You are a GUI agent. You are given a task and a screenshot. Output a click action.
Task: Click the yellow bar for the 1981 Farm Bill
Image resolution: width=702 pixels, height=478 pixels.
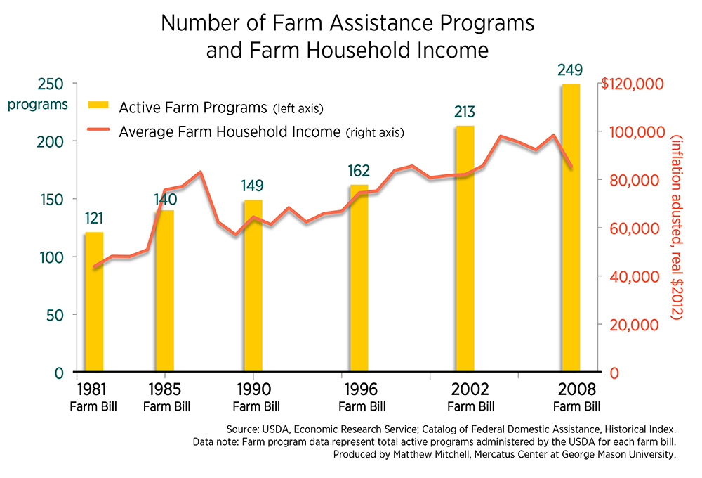coord(94,302)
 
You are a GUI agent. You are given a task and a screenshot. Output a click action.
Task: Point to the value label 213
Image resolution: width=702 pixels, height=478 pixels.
coord(465,112)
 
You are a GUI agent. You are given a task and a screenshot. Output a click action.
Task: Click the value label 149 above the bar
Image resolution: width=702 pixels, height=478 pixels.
coord(253,186)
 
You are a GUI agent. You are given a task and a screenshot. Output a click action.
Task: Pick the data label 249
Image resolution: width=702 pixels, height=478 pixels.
coord(570,70)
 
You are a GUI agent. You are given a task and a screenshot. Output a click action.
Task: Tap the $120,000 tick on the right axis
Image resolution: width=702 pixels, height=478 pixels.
coord(632,84)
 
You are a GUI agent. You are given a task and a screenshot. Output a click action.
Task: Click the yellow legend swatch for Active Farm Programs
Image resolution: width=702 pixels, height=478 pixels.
coord(98,105)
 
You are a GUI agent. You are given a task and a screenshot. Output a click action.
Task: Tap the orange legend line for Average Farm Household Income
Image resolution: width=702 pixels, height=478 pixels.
coord(98,130)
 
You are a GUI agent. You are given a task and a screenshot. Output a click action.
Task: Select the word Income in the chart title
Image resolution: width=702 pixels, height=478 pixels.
coord(456,51)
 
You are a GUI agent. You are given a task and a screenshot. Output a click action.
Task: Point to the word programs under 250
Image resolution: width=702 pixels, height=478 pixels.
coord(38,105)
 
